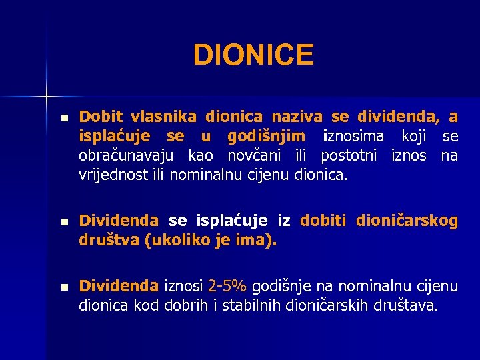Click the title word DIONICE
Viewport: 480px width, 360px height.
click(x=253, y=55)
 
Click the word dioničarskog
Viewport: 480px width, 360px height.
click(x=407, y=221)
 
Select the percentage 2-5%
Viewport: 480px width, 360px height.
click(x=228, y=287)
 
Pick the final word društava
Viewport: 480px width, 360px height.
click(x=409, y=306)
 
